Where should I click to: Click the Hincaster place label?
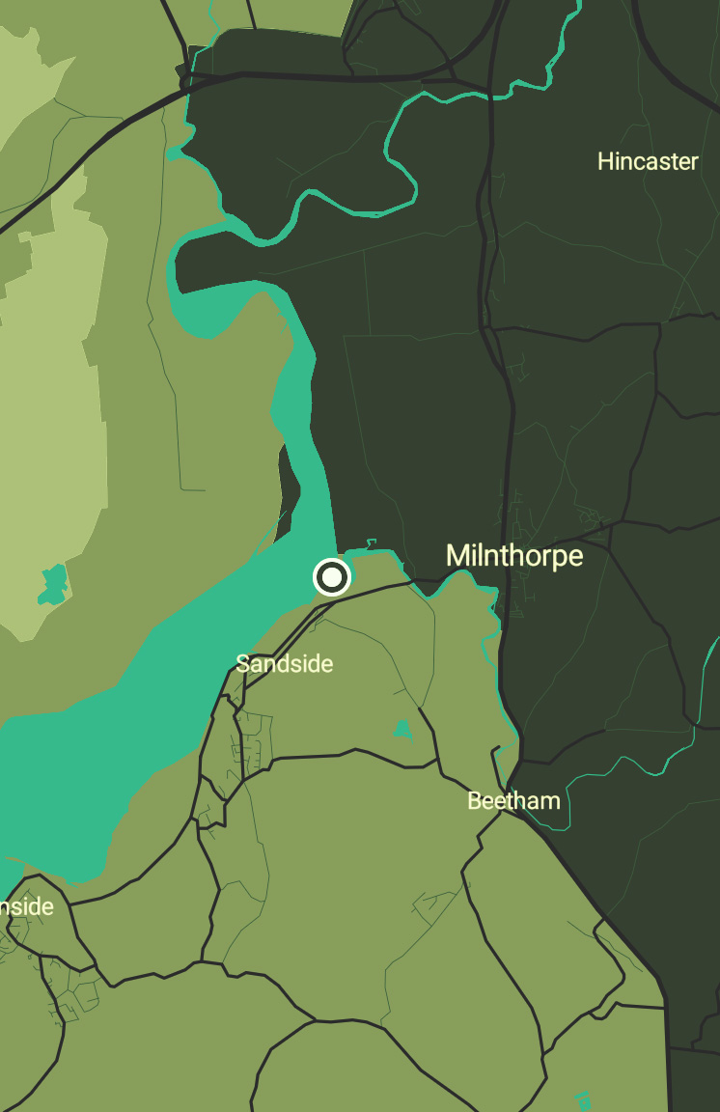648,161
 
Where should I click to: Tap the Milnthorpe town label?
514,556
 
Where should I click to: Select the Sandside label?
285,664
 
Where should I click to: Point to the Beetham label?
513,800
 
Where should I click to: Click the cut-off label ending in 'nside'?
27,907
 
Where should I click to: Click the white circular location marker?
331,577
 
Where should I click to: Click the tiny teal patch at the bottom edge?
583,1100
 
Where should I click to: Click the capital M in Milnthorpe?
457,556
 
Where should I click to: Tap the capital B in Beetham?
474,800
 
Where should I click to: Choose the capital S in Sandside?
242,664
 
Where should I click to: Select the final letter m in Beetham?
551,801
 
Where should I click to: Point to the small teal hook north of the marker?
371,545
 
